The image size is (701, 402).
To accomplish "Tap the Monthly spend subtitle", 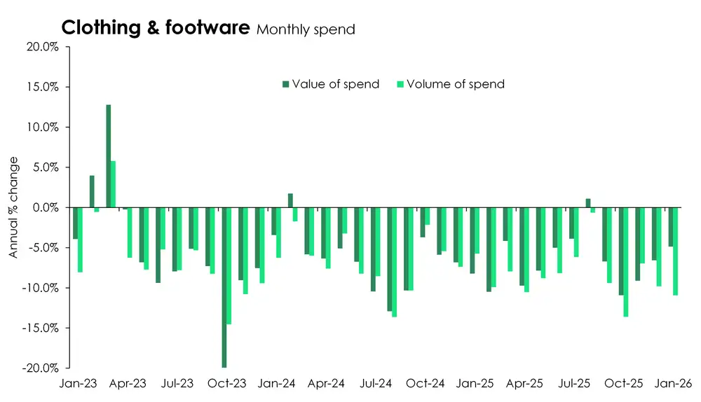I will click(306, 29).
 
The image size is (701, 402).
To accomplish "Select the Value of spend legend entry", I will click(330, 84).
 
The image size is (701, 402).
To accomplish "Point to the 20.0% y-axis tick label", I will click(43, 47).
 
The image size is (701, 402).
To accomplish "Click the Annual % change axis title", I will click(13, 208).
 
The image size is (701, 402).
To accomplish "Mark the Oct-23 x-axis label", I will click(227, 384).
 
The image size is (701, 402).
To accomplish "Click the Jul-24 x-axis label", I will click(376, 384).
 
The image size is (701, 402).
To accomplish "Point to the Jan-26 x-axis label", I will click(673, 384).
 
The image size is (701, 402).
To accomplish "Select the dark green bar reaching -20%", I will click(224, 287).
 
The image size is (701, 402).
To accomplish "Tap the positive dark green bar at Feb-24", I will click(290, 200).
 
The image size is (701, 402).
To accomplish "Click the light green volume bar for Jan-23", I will click(81, 240).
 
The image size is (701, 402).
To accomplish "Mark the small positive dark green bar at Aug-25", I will click(588, 203).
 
